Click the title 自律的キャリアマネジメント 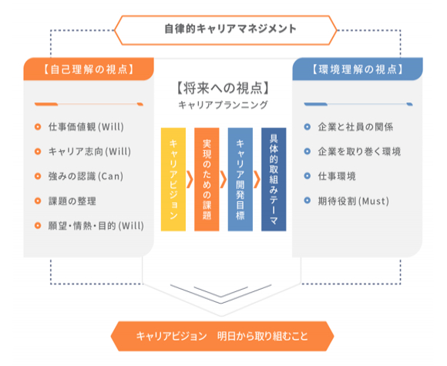tap(230, 29)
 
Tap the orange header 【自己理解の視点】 tap(89, 69)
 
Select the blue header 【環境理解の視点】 tap(358, 69)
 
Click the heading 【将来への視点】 tap(223, 88)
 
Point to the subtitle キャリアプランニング tap(223, 105)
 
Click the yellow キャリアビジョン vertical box tap(173, 180)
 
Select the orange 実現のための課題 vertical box tap(207, 180)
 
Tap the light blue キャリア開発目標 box tap(240, 180)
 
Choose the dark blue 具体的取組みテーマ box tap(274, 180)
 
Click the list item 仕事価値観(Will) tap(86, 127)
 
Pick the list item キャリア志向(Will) tap(89, 151)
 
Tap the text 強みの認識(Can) tap(86, 176)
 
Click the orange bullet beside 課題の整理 tap(38, 200)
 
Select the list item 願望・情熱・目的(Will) tap(96, 226)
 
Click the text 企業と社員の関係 tap(355, 127)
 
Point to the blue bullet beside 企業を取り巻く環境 tap(307, 151)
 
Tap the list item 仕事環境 tap(337, 176)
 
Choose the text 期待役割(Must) tap(354, 201)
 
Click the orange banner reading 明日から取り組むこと tap(223, 336)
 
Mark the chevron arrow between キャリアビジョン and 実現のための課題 tap(190, 180)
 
